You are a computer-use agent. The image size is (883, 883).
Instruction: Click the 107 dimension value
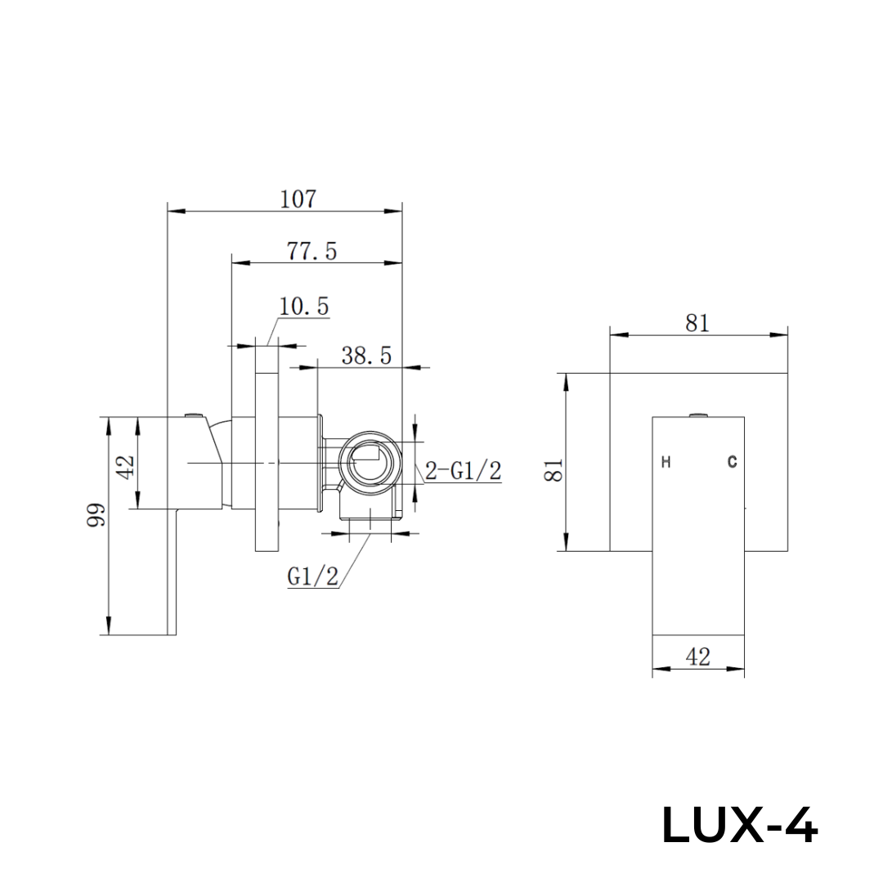(298, 199)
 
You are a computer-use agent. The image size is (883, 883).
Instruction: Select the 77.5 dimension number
(312, 251)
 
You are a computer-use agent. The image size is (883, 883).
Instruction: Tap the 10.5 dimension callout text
(304, 307)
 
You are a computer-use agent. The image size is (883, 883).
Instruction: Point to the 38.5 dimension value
(367, 356)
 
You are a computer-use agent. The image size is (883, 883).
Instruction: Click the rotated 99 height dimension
(97, 517)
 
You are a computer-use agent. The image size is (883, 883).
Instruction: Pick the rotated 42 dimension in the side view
(124, 467)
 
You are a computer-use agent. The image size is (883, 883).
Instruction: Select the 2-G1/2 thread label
(463, 471)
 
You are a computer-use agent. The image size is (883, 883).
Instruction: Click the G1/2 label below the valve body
(312, 576)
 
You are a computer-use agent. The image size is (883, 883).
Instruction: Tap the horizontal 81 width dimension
(697, 323)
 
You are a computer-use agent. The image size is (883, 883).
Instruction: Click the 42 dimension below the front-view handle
(697, 656)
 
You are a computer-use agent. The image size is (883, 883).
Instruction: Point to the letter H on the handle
(666, 463)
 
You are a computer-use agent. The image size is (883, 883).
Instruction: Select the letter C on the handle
(732, 463)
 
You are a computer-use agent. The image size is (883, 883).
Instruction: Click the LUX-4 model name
(738, 825)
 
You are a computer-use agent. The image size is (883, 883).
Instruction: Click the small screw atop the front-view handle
(697, 415)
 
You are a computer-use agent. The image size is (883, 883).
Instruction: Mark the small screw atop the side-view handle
(194, 415)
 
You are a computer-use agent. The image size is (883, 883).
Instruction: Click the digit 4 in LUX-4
(799, 825)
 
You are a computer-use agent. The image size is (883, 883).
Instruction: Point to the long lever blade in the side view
(172, 572)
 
